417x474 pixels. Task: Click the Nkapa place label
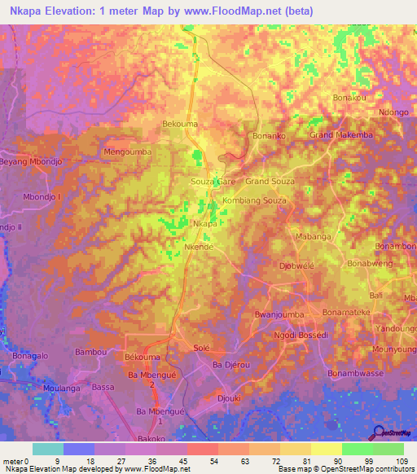coord(205,223)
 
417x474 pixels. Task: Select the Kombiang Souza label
coord(254,200)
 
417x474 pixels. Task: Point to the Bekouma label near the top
coord(180,124)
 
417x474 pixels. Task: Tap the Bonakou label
coord(350,98)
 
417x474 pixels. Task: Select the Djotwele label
coord(296,266)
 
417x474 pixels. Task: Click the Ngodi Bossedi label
coord(301,335)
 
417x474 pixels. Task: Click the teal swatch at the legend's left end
coord(48,449)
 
